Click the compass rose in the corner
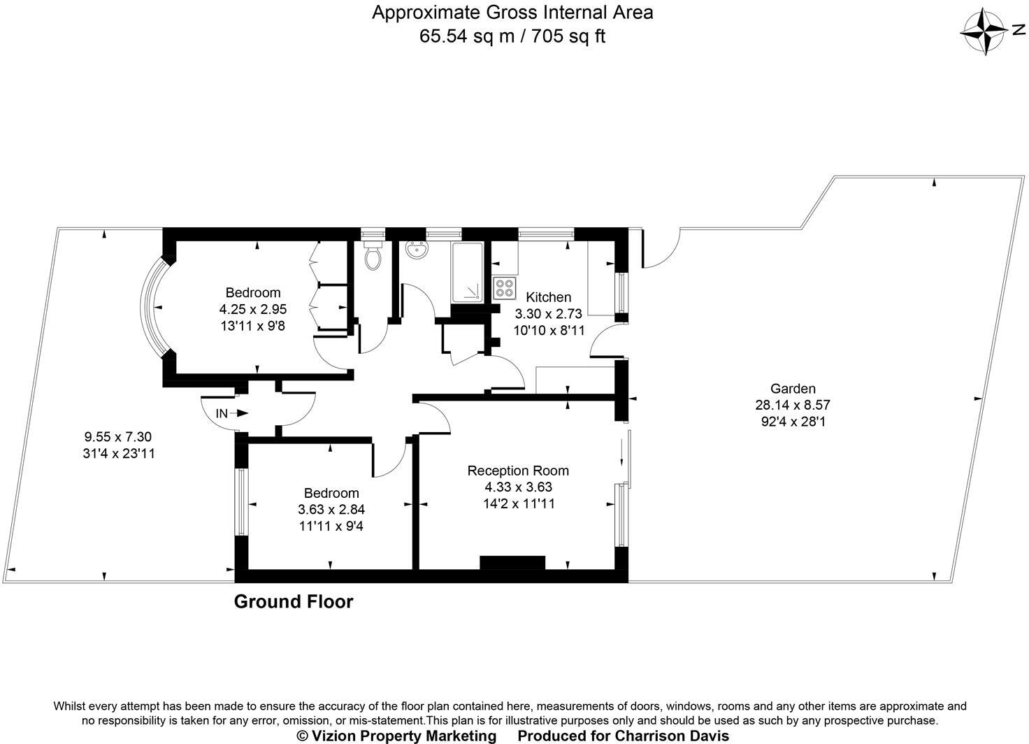(x=984, y=31)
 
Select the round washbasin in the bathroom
(x=418, y=250)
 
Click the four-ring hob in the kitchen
(x=504, y=288)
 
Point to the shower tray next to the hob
(x=467, y=273)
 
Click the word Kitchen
(x=548, y=297)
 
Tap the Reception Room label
(x=518, y=471)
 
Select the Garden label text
(x=793, y=389)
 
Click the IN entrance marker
(x=222, y=413)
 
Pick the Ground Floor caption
(x=294, y=601)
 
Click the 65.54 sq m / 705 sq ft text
(x=512, y=36)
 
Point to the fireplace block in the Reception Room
(x=512, y=563)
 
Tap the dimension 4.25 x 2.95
(x=253, y=308)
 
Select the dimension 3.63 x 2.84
(x=331, y=509)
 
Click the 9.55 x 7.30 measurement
(x=118, y=437)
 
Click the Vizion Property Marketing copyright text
(x=396, y=736)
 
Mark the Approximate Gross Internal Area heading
(x=512, y=13)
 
